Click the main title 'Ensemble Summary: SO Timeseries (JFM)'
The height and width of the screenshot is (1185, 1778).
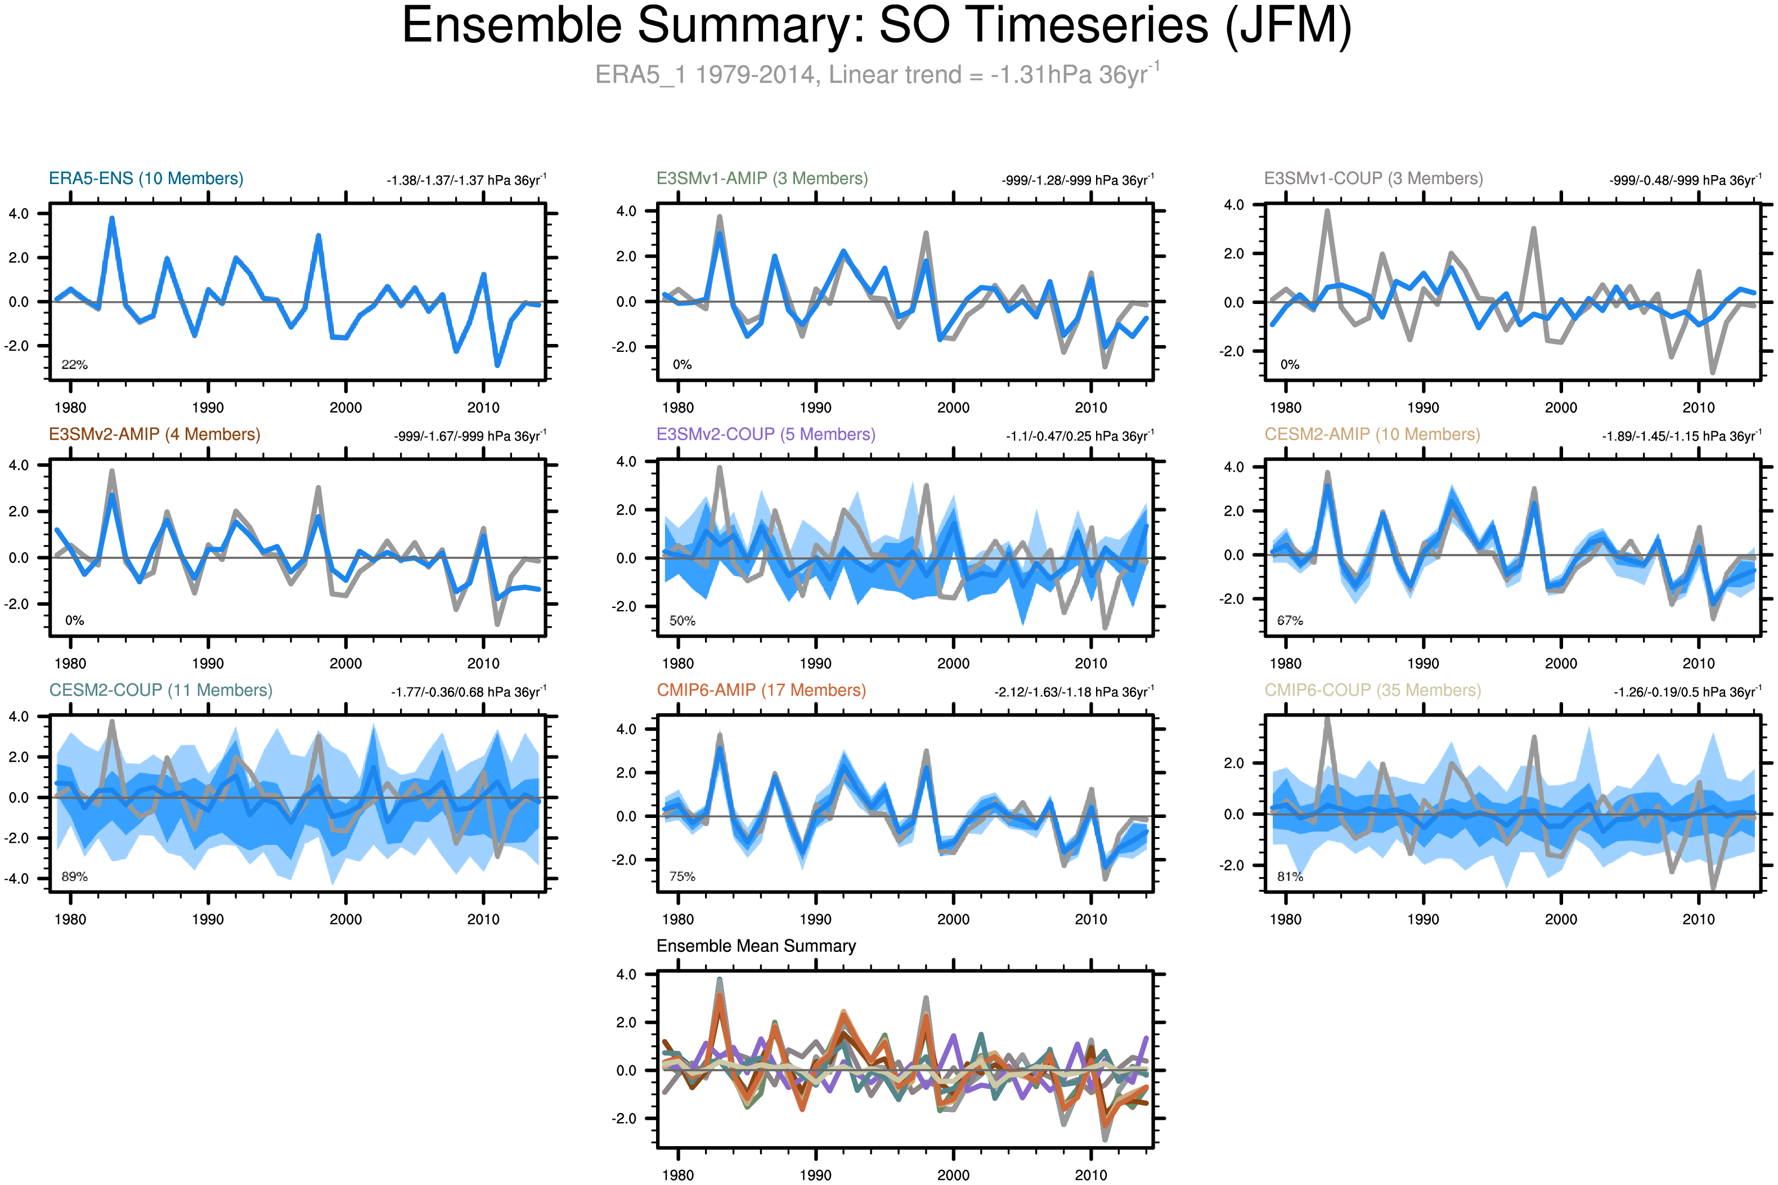pos(876,26)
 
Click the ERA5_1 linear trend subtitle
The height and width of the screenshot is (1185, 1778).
pos(876,75)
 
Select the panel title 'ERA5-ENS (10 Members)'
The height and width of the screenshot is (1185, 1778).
pos(146,178)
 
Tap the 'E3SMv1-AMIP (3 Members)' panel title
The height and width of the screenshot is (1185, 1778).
pos(761,178)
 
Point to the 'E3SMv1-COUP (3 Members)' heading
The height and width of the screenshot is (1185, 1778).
pos(1373,178)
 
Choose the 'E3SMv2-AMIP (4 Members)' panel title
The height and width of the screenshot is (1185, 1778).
pos(154,435)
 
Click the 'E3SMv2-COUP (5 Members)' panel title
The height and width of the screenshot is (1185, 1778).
pos(765,435)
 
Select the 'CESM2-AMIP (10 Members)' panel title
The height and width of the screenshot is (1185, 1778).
pos(1372,435)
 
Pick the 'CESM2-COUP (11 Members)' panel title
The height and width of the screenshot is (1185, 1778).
pos(160,690)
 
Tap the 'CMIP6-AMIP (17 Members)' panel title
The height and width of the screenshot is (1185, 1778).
pos(761,690)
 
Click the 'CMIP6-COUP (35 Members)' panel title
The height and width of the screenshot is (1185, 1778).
pos(1372,690)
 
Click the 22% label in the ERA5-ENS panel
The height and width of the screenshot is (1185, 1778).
pos(74,364)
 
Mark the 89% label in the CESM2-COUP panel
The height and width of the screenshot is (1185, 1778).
pos(74,877)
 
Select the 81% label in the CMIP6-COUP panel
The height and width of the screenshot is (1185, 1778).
pos(1289,877)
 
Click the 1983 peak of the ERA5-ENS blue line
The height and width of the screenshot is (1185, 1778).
pos(112,218)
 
